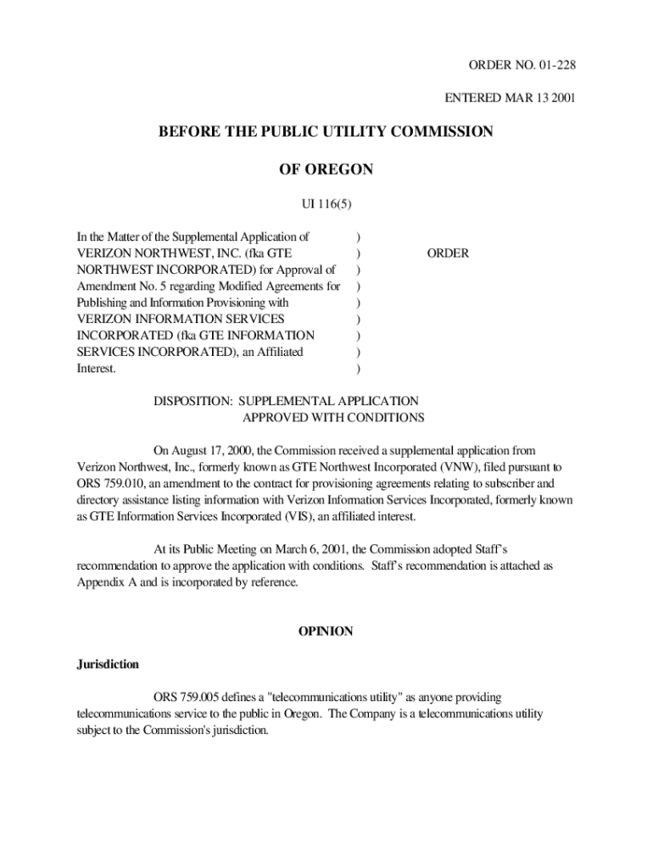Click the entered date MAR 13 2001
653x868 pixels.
[537, 97]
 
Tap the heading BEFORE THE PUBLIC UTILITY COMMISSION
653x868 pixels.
[326, 131]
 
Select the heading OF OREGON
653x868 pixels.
[326, 170]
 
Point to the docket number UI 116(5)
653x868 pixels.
[326, 204]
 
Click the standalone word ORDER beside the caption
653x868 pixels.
[447, 253]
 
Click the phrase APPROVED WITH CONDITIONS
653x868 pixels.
[333, 417]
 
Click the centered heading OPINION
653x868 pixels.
[326, 632]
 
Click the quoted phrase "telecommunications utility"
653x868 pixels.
[327, 698]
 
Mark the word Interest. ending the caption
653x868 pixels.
[96, 369]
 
